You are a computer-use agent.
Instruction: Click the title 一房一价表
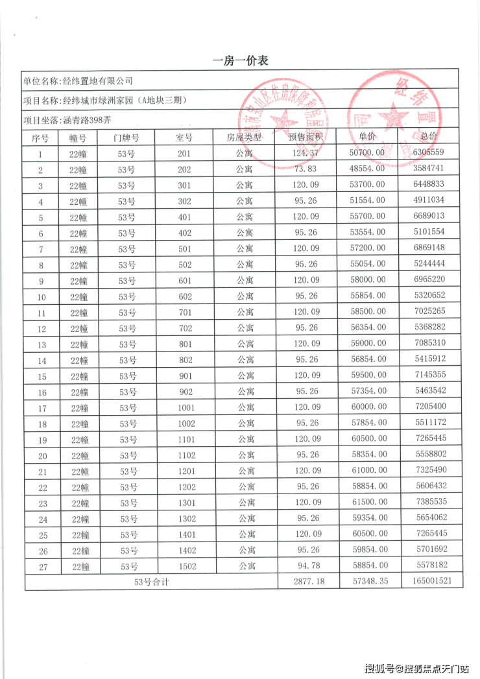[240, 61]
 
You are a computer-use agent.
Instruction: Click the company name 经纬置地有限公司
[97, 81]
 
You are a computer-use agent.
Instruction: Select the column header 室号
[185, 137]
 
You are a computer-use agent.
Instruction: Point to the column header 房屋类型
[244, 137]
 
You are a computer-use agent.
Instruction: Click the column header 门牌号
[126, 137]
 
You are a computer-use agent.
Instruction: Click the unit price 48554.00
[368, 169]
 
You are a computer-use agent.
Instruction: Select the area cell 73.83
[306, 169]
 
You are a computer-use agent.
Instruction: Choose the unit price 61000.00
[368, 471]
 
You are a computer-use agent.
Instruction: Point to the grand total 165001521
[431, 582]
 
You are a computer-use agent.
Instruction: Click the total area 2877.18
[306, 582]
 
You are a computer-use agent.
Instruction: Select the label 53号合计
[151, 582]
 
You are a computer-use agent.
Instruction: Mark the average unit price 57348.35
[368, 582]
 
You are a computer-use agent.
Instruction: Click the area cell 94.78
[306, 566]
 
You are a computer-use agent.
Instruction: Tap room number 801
[185, 344]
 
